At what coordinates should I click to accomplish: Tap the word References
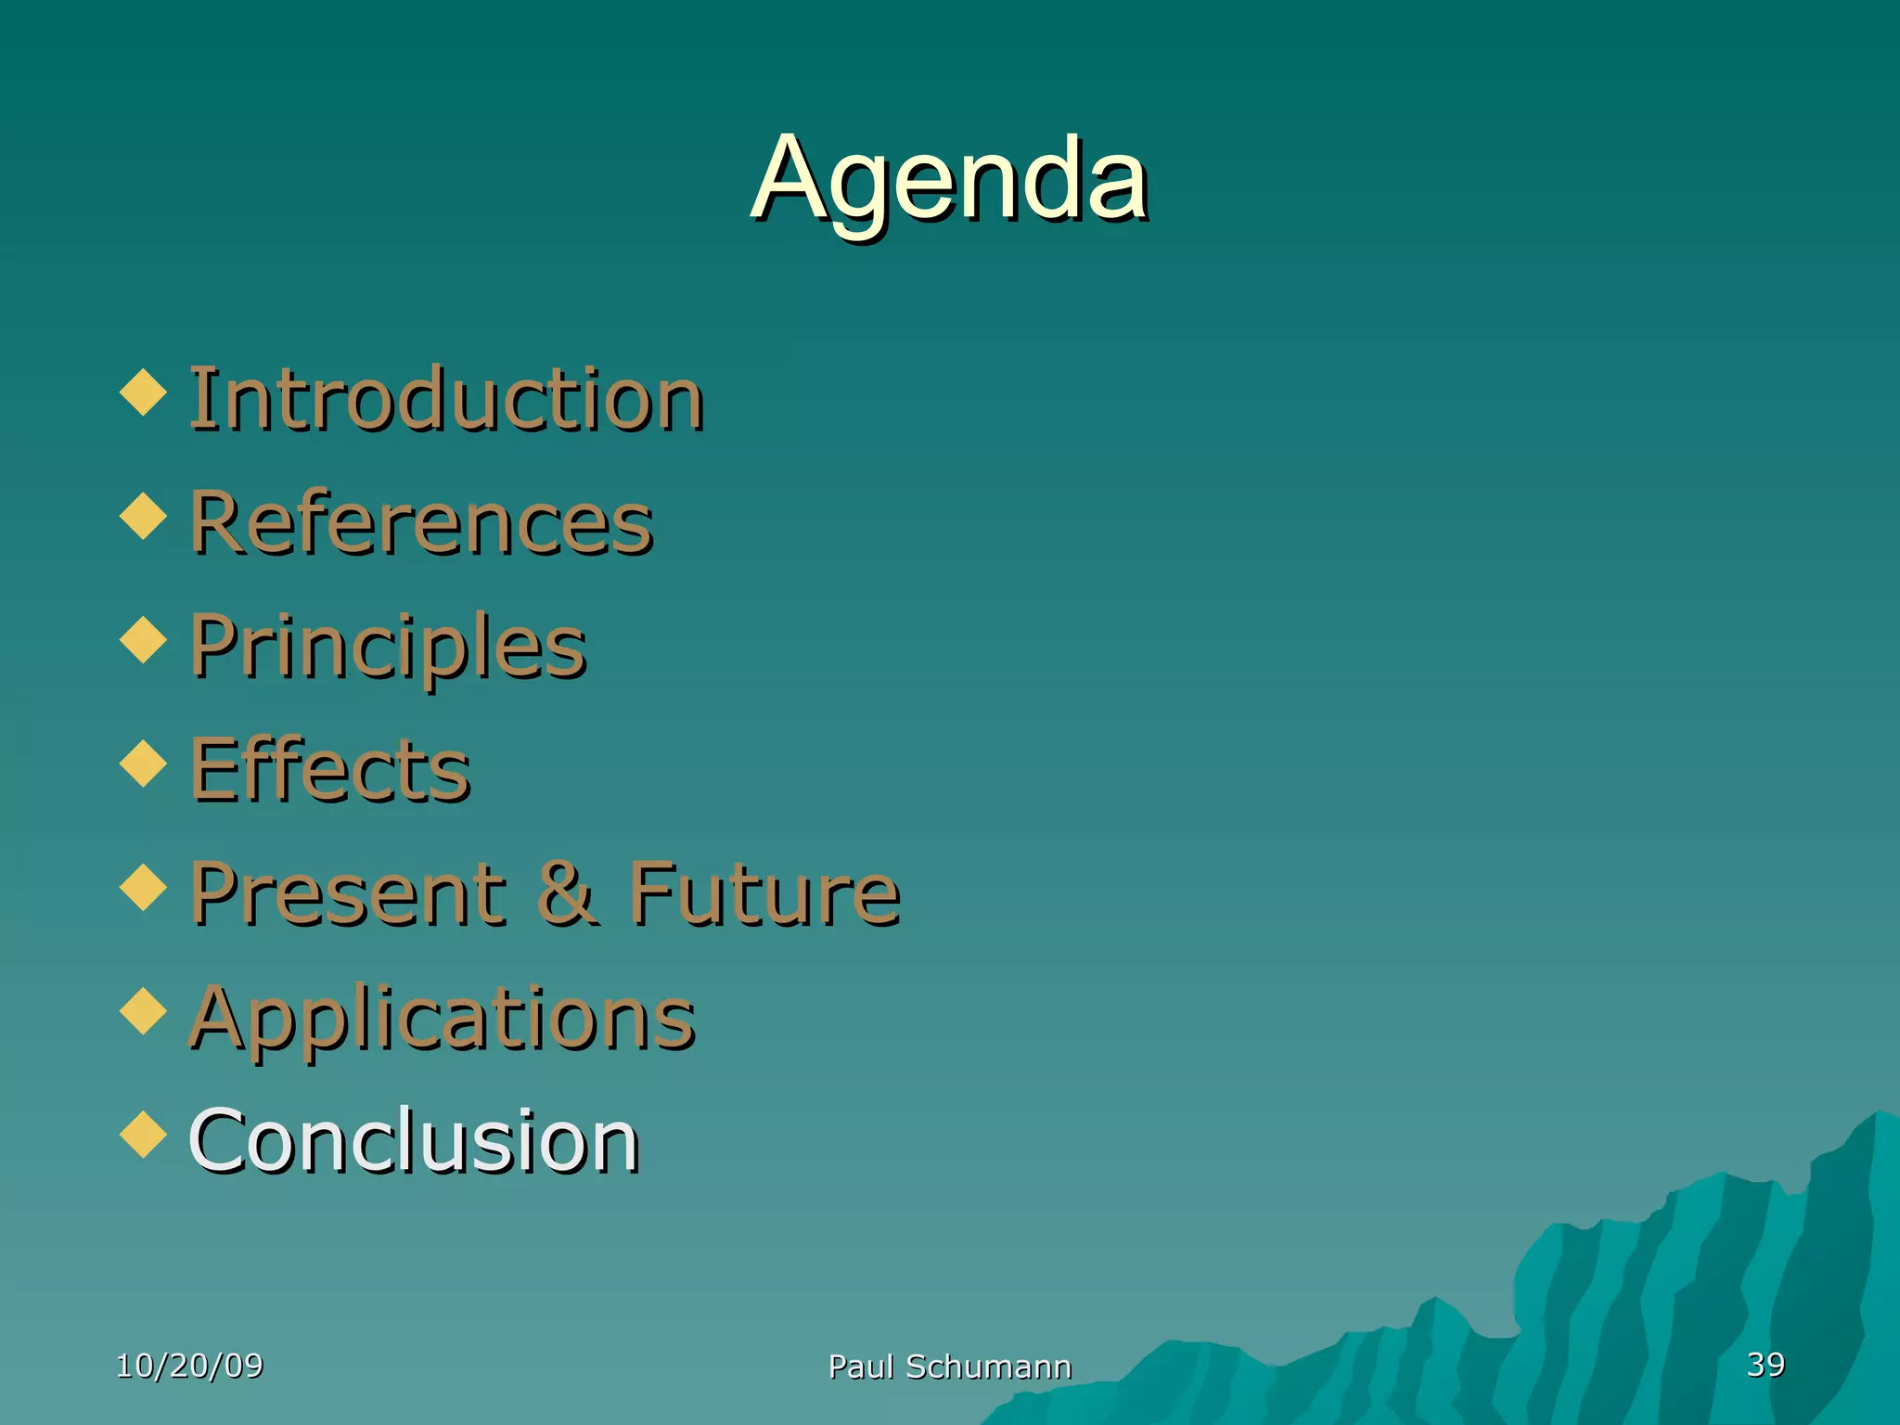(421, 523)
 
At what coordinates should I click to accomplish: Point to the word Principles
(388, 647)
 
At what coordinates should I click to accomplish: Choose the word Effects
(330, 769)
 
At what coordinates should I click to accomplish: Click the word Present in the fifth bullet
(349, 893)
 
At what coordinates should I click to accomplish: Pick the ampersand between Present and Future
(567, 893)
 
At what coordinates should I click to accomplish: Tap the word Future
(764, 893)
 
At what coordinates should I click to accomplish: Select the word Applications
(442, 1018)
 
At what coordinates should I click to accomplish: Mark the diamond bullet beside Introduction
(144, 392)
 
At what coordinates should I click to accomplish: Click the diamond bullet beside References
(144, 516)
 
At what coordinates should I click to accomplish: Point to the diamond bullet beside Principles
(144, 640)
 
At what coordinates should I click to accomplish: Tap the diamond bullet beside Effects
(144, 764)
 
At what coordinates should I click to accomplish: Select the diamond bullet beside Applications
(144, 1011)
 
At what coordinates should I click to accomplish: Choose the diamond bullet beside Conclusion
(144, 1135)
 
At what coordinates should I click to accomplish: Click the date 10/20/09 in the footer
(189, 1365)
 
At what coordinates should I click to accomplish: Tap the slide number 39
(1765, 1364)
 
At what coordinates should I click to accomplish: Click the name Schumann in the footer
(988, 1367)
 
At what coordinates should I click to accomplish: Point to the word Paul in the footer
(861, 1367)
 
